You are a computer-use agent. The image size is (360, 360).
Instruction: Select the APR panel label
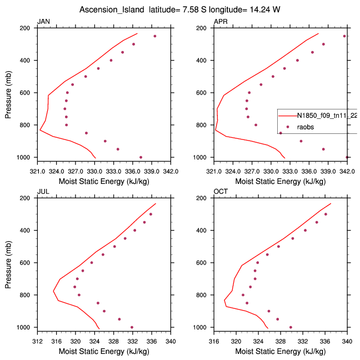coord(220,22)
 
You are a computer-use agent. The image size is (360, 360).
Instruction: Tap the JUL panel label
coord(42,192)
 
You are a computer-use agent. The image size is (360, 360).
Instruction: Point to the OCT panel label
coord(221,192)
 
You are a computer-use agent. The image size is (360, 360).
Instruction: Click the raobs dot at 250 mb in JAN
coord(155,36)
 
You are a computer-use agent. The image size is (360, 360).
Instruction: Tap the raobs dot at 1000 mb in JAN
coord(141,157)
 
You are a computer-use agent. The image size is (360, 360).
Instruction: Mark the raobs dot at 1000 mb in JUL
coord(132,327)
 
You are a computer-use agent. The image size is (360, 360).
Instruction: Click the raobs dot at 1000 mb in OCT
coord(291,327)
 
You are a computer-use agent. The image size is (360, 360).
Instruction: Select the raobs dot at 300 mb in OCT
coord(326,214)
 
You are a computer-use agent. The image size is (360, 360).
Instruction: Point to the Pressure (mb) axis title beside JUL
coord(8,262)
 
